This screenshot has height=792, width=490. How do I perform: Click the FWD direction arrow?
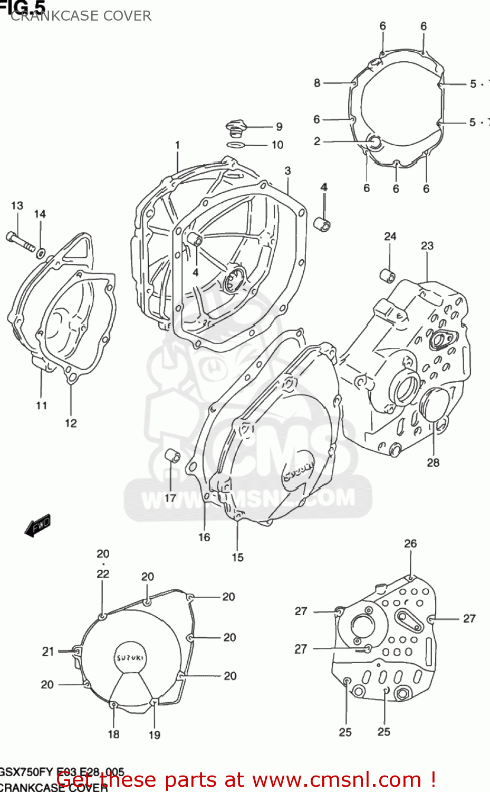(38, 526)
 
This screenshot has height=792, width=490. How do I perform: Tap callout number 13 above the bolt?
(17, 205)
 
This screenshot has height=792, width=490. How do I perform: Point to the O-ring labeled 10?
(235, 145)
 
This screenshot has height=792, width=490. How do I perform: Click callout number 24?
(390, 236)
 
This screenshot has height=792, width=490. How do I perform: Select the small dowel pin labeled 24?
(388, 275)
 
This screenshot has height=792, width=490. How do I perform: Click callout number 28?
(433, 463)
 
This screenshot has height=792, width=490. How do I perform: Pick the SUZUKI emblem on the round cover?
(130, 658)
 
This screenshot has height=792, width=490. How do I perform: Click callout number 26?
(410, 543)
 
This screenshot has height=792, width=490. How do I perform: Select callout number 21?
(48, 652)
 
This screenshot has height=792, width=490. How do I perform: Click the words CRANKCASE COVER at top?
(81, 16)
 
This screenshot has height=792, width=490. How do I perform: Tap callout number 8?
(316, 82)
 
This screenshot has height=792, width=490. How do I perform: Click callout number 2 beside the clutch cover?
(316, 141)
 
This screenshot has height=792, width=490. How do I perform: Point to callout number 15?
(237, 558)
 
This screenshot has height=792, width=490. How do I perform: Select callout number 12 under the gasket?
(71, 423)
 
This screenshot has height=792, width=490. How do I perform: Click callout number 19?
(154, 734)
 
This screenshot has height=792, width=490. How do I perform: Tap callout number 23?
(427, 246)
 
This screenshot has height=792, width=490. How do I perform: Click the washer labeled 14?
(41, 253)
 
